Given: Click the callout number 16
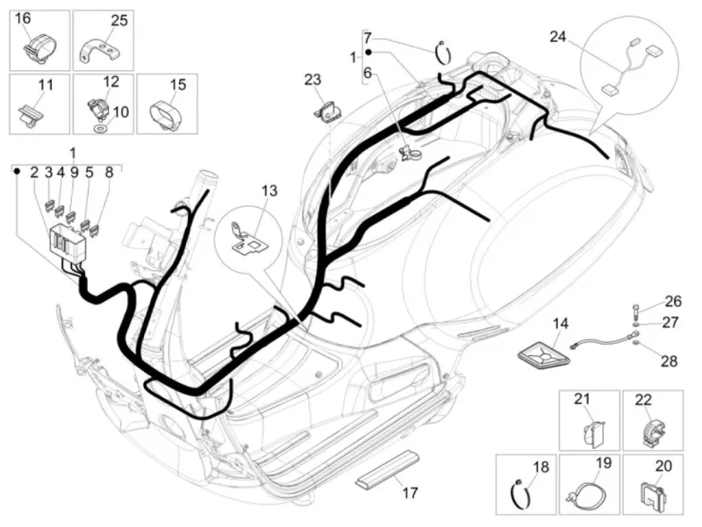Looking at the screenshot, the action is pyautogui.click(x=23, y=18).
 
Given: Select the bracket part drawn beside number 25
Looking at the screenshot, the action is pyautogui.click(x=99, y=51).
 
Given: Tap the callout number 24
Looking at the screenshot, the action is pyautogui.click(x=558, y=37).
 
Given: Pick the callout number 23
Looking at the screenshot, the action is pyautogui.click(x=312, y=80).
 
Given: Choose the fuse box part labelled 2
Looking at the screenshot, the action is pyautogui.click(x=68, y=243).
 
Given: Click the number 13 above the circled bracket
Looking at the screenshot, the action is pyautogui.click(x=269, y=191).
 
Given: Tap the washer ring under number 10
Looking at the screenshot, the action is pyautogui.click(x=98, y=128).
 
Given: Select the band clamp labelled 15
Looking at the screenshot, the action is pyautogui.click(x=167, y=115).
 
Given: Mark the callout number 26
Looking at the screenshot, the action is pyautogui.click(x=672, y=301).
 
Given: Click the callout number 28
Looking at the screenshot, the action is pyautogui.click(x=670, y=361).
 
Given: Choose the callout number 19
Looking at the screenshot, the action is pyautogui.click(x=604, y=463).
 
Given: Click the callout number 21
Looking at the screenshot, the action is pyautogui.click(x=582, y=399).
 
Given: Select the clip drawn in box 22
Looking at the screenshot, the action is pyautogui.click(x=654, y=433).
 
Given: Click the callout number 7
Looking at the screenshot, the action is pyautogui.click(x=368, y=37).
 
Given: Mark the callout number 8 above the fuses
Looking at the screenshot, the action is pyautogui.click(x=108, y=173).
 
